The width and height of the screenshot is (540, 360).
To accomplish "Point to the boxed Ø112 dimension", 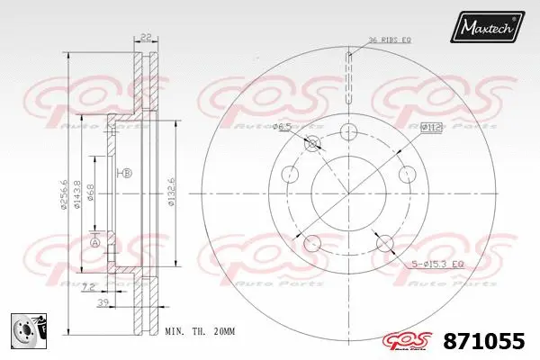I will coord(429,128).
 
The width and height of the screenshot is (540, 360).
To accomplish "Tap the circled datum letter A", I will coord(94,240).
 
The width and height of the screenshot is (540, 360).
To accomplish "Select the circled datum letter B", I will coord(126,172).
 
